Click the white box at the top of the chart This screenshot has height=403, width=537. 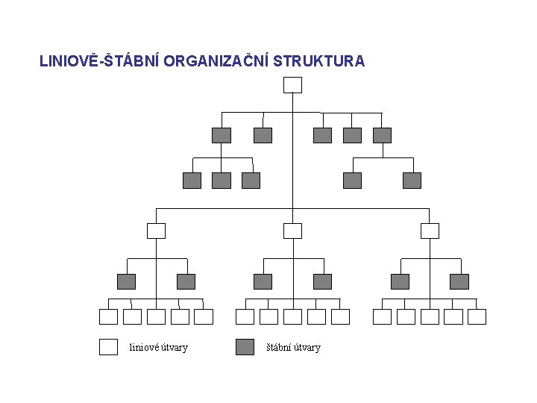(293, 84)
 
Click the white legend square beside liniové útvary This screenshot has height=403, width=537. (108, 347)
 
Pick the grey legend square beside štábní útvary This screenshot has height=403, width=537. (245, 347)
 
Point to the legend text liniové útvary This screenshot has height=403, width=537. (159, 347)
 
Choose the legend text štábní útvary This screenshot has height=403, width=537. (294, 347)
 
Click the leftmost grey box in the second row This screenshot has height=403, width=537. (222, 135)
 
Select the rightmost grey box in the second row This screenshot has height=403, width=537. (382, 135)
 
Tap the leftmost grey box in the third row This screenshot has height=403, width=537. (192, 180)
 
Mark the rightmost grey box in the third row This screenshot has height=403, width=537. (412, 180)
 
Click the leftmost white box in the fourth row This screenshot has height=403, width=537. (156, 231)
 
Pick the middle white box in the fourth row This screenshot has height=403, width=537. (293, 231)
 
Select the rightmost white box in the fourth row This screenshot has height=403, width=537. (430, 231)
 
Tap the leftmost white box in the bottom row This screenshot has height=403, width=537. (108, 316)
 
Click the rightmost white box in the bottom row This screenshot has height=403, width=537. (477, 316)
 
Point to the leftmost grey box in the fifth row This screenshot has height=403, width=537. (126, 281)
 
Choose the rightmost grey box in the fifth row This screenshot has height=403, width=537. (459, 281)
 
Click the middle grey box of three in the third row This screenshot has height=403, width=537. (222, 180)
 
